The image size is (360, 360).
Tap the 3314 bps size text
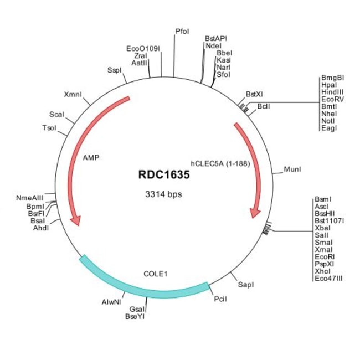click(163, 194)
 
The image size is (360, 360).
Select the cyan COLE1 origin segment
click(144, 286)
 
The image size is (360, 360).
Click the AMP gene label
click(91, 158)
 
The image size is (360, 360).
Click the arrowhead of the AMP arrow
click(76, 220)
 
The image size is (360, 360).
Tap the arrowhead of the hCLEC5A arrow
click(255, 212)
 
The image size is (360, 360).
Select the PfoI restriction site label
click(182, 31)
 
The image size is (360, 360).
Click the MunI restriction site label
click(292, 168)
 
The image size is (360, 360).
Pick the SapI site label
click(246, 285)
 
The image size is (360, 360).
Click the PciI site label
click(220, 299)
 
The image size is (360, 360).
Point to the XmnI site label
click(73, 94)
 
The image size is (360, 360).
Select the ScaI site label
click(57, 115)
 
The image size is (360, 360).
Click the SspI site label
click(115, 70)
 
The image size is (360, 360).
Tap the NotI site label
click(328, 121)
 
